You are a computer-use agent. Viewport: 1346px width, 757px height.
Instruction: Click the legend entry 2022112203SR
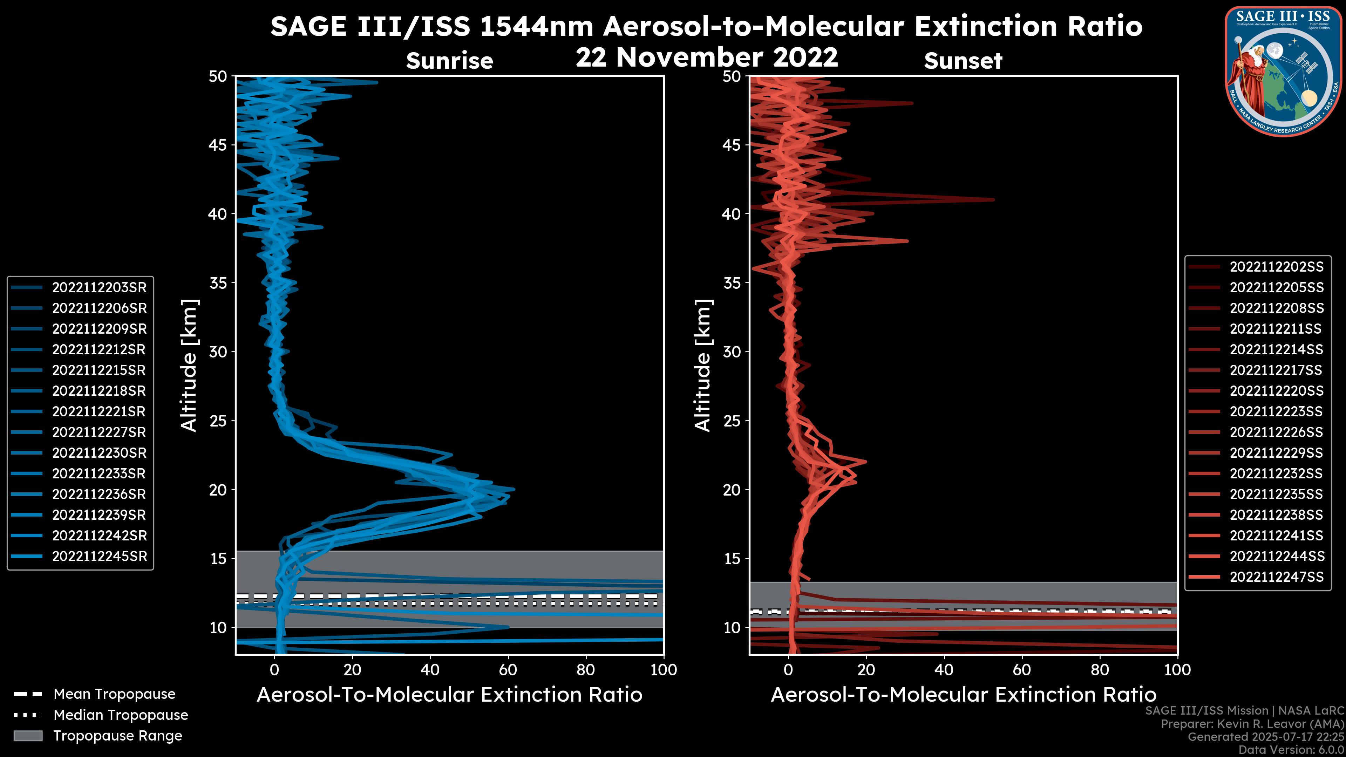click(99, 288)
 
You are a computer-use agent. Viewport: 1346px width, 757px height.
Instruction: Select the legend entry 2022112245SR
click(99, 557)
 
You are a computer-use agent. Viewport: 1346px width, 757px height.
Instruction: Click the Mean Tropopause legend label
click(114, 694)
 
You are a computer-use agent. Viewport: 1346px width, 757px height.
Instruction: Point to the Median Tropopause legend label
click(121, 715)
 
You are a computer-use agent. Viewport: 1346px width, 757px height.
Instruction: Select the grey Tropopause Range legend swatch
click(28, 736)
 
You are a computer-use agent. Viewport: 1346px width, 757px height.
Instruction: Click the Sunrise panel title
click(449, 61)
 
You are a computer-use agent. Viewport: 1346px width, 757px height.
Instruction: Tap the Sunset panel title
click(963, 61)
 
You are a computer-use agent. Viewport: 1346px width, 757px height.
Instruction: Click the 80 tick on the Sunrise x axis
click(586, 670)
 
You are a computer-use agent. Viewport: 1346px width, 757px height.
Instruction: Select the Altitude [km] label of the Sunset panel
click(703, 365)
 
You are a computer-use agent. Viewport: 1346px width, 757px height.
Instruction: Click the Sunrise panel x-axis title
click(449, 695)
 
